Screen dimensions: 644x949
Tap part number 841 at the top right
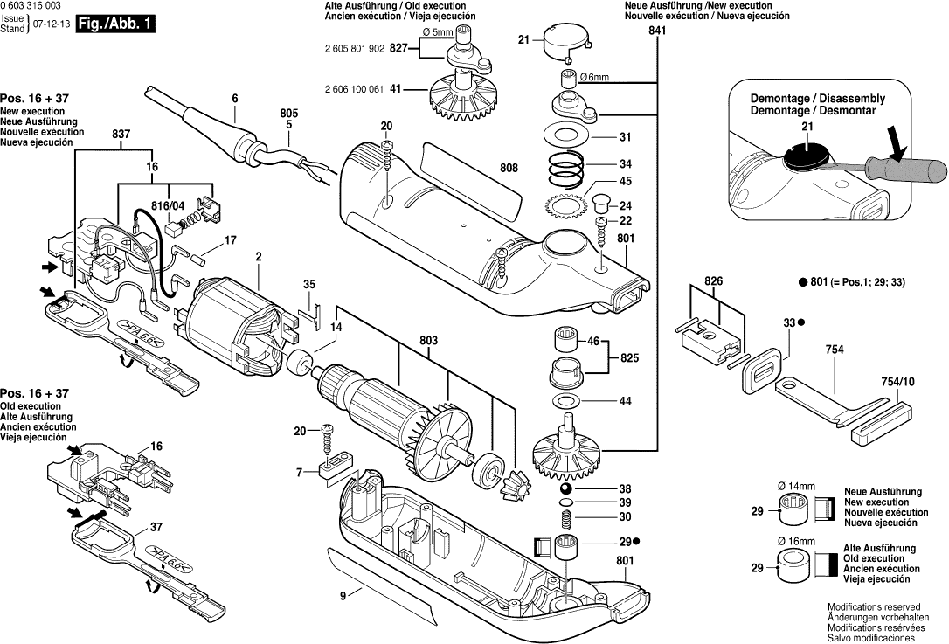coord(657,31)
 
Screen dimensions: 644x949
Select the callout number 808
coord(509,169)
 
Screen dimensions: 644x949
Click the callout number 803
coord(428,339)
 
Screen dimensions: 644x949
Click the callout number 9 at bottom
coord(343,595)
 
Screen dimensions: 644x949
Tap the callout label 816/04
coord(169,206)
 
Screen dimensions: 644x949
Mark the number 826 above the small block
coord(714,282)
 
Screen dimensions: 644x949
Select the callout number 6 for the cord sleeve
coord(234,99)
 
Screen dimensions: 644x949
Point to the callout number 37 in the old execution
coord(156,527)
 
